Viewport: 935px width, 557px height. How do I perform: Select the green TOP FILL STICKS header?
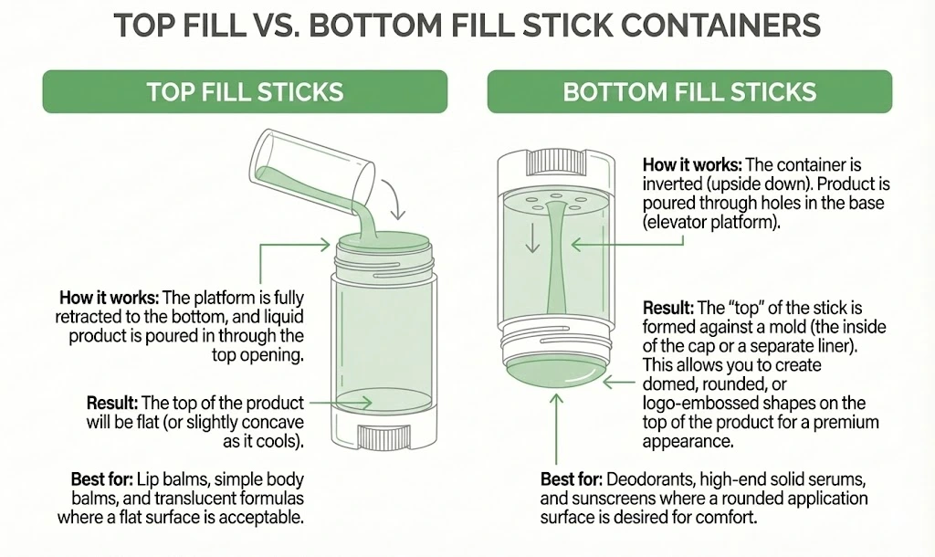click(x=245, y=91)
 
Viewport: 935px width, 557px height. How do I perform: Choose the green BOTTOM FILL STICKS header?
click(x=689, y=91)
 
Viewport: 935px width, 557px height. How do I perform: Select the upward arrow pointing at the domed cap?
click(x=552, y=428)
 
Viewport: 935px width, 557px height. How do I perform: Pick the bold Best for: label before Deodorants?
click(x=571, y=479)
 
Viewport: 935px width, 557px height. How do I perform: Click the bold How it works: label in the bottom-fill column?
click(x=693, y=165)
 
